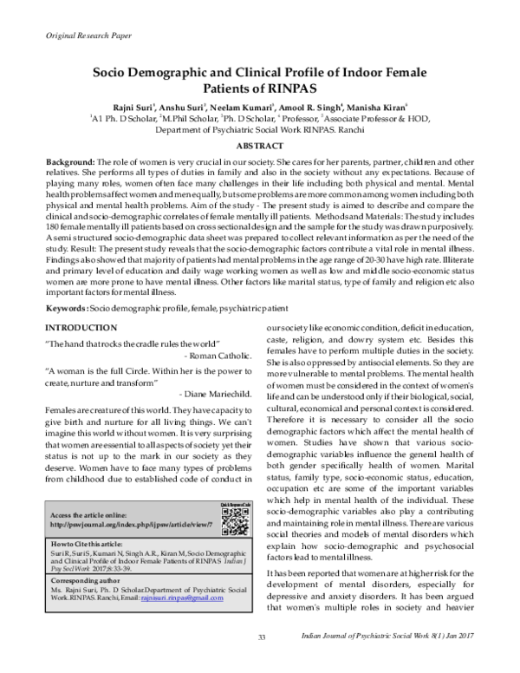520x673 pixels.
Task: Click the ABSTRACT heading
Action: tap(259, 147)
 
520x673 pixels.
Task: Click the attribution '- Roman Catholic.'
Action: tap(217, 356)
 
